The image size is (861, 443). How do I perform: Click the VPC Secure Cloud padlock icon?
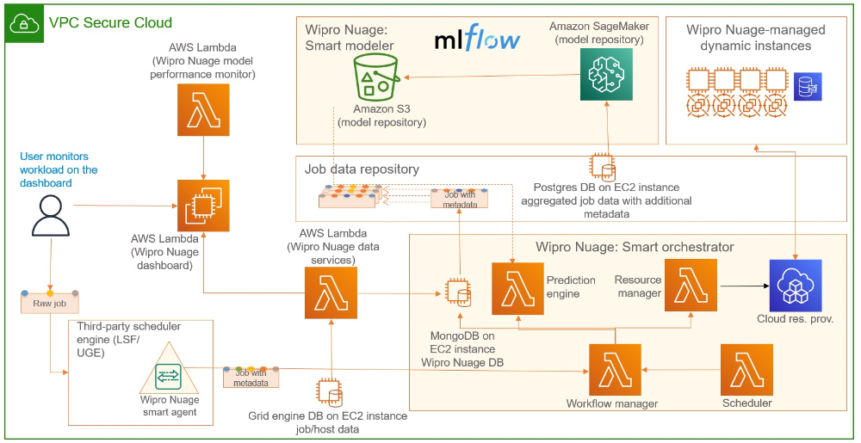click(x=25, y=24)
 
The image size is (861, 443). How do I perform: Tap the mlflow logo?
click(x=477, y=40)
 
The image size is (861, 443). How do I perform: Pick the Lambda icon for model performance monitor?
click(x=203, y=111)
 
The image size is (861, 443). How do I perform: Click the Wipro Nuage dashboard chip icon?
click(x=203, y=206)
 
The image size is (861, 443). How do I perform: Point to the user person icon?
click(x=50, y=213)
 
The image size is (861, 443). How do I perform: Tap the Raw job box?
click(x=50, y=303)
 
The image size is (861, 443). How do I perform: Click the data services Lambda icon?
click(x=331, y=292)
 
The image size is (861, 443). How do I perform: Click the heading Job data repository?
click(x=362, y=169)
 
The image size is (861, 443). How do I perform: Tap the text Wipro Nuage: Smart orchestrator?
click(x=635, y=247)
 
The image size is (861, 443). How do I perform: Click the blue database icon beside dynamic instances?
click(x=808, y=87)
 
